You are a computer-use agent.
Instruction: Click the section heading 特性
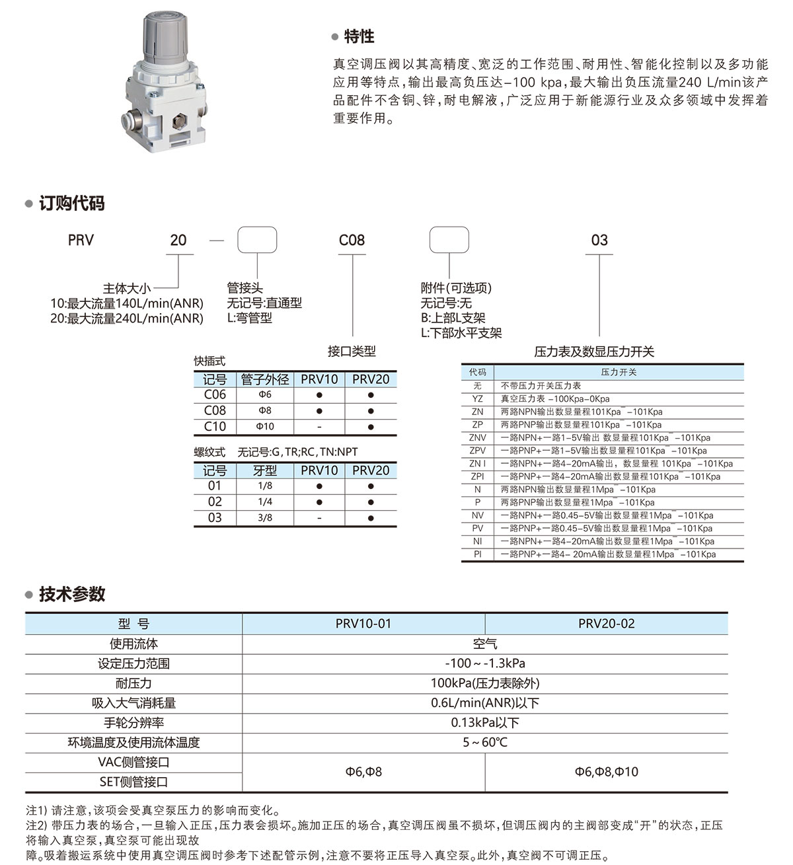coord(359,37)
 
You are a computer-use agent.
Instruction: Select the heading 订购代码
coord(71,204)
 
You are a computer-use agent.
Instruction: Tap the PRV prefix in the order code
coord(81,241)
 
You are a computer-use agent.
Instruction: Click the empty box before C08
coord(257,240)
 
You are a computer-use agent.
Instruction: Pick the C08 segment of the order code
coord(352,241)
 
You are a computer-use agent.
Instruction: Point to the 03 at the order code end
coord(599,241)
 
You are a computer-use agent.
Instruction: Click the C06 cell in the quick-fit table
coord(215,395)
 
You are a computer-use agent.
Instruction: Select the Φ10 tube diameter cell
coord(265,426)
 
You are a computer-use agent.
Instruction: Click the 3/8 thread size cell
coord(265,518)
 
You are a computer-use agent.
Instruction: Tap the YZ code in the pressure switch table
coord(477,398)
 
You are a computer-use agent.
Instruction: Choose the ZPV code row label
coord(477,451)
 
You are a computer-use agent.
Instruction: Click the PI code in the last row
coord(477,554)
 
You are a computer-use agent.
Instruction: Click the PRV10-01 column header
coord(363,624)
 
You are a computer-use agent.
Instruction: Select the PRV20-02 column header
coord(606,624)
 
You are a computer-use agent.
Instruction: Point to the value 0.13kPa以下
coord(485,723)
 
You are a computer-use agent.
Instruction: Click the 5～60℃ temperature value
coord(485,743)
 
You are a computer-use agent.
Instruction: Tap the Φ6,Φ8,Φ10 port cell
coord(606,772)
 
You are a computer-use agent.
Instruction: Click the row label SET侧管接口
coord(133,782)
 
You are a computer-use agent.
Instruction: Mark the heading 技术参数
coord(71,594)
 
